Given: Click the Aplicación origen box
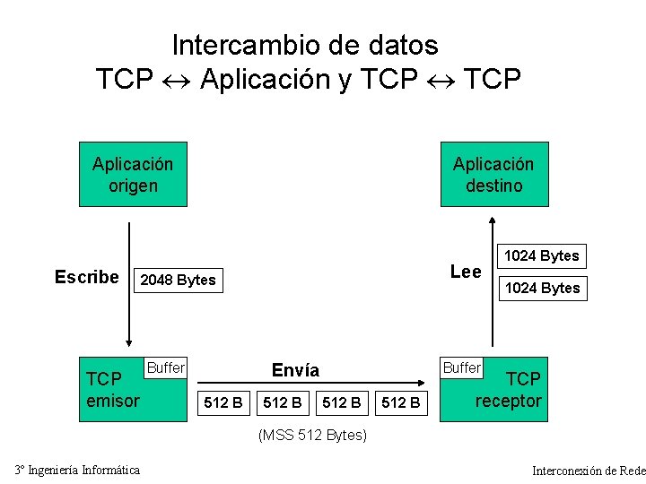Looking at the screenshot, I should tap(133, 174).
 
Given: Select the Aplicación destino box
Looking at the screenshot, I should tap(493, 174).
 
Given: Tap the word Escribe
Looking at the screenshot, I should tap(86, 277).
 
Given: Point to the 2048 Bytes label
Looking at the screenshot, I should tap(179, 280).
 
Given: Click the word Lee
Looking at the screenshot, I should tap(466, 272).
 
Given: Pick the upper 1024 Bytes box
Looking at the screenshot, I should tap(542, 255).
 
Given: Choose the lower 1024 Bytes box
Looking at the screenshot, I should tap(542, 288).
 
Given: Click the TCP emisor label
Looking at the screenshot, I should tap(112, 390).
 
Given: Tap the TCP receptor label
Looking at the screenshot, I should tap(509, 390).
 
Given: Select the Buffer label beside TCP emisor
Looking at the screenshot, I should tap(165, 367).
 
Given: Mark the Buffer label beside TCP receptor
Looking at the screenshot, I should tap(462, 367).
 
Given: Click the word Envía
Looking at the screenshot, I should tap(295, 370).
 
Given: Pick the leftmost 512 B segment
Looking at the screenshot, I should tap(223, 402).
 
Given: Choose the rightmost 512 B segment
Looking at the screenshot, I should tap(401, 402).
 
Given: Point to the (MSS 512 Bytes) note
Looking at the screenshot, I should tap(312, 436).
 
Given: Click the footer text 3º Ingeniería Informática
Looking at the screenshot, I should tap(77, 470).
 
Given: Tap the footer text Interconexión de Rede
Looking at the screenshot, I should tap(589, 471).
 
